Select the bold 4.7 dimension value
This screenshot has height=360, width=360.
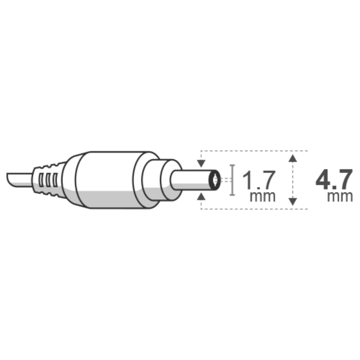[334, 180]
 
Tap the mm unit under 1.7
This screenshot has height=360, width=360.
[262, 197]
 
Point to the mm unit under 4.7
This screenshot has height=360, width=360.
[340, 197]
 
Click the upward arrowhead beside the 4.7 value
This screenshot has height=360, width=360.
[292, 158]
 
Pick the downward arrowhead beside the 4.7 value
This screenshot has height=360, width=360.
[292, 201]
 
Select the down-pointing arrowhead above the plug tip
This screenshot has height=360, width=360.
[201, 163]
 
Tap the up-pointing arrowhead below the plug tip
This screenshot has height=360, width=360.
[201, 197]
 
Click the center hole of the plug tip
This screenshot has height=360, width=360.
[215, 180]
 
